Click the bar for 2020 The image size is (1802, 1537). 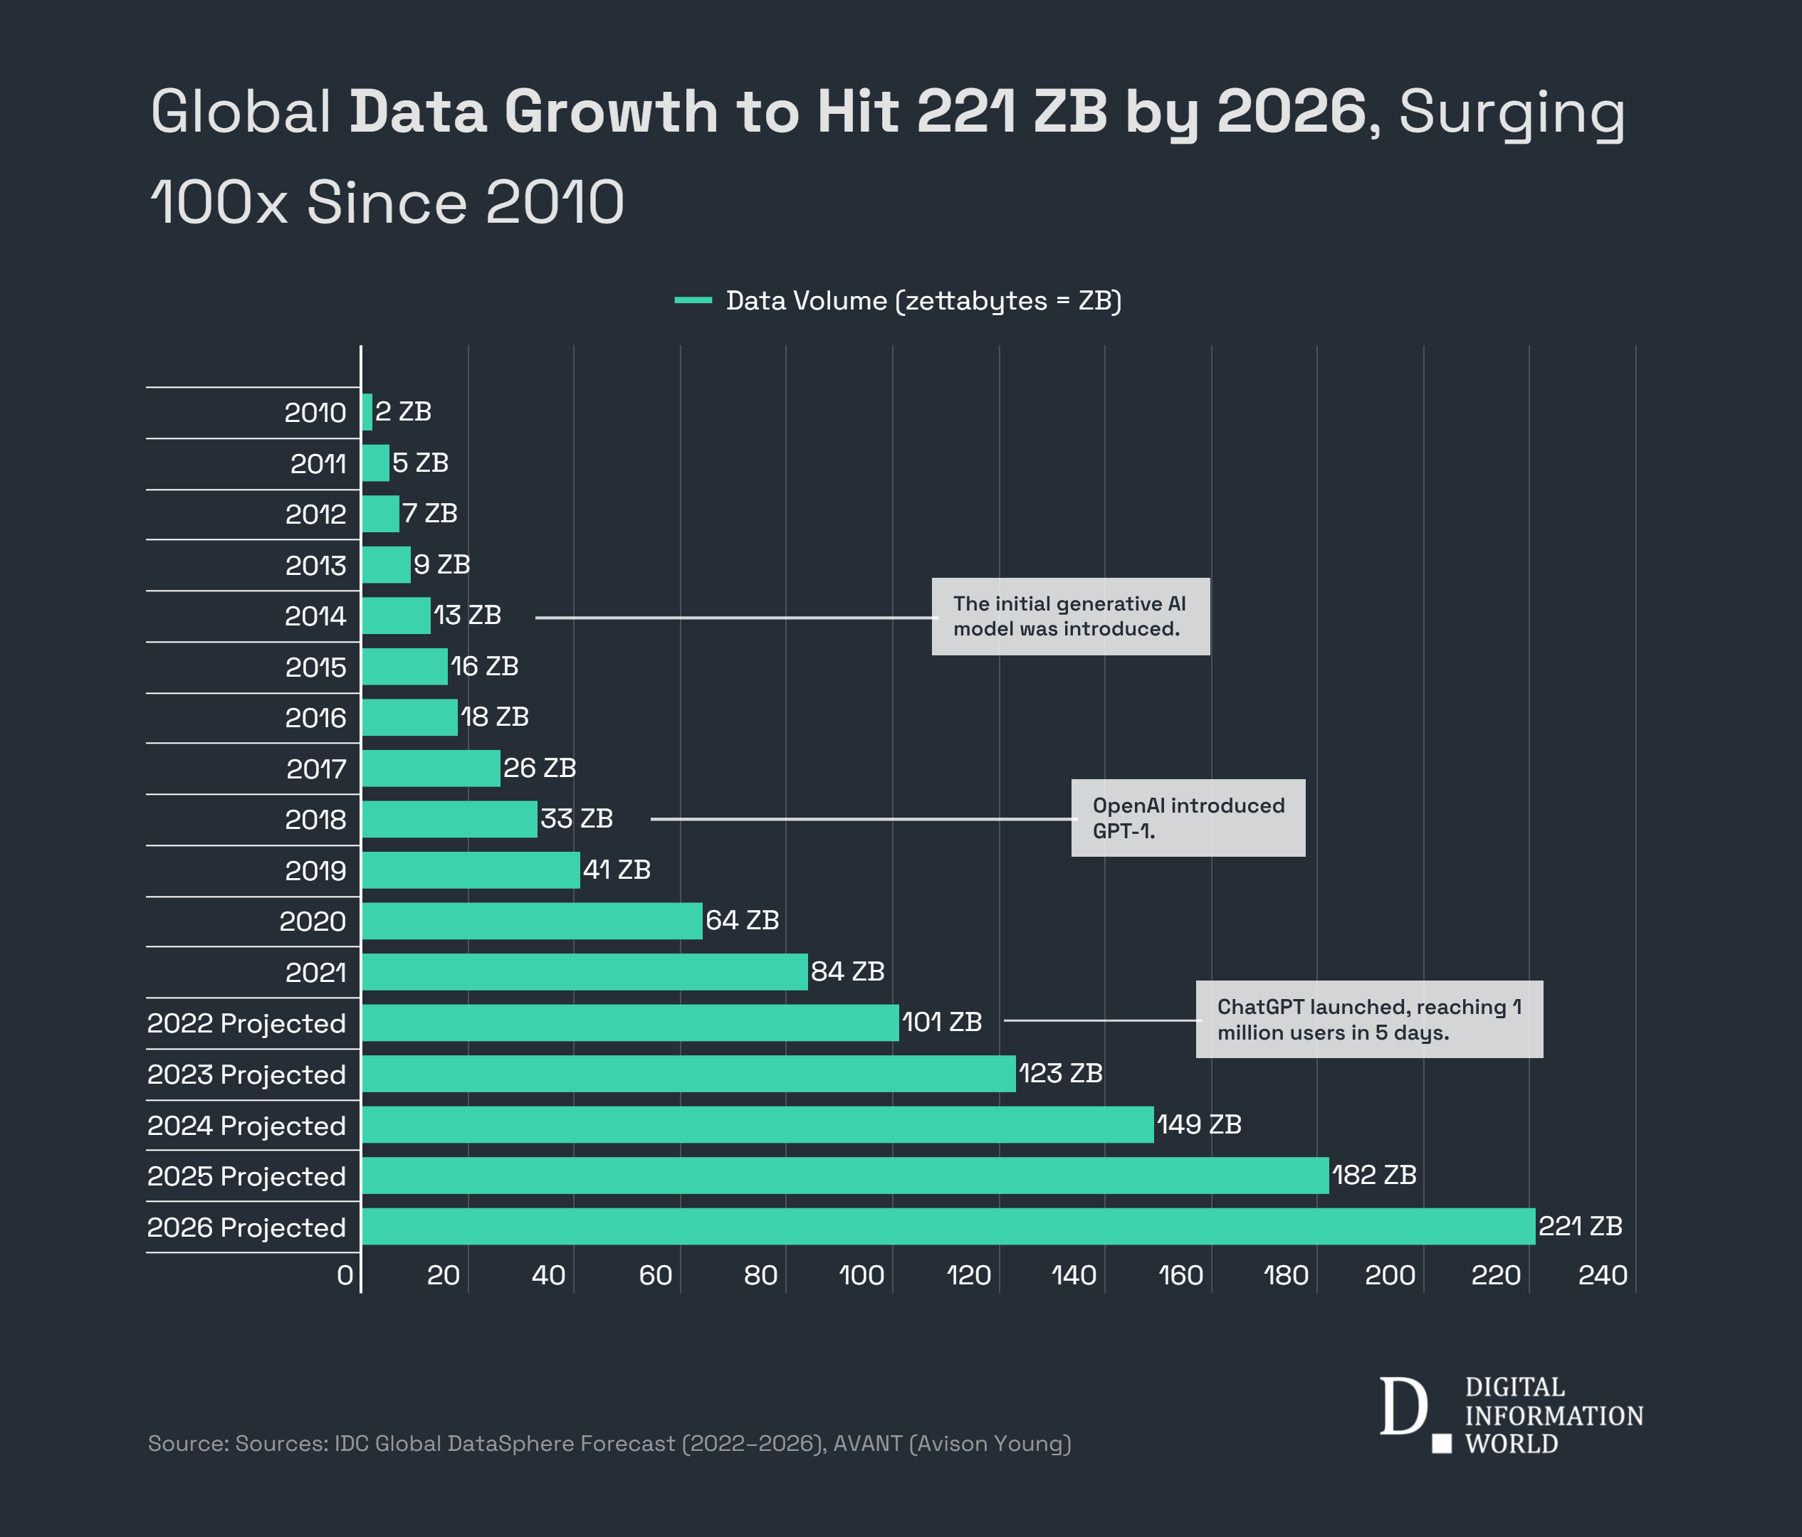coord(531,921)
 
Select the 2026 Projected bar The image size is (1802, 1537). coord(948,1226)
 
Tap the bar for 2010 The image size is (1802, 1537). coord(367,411)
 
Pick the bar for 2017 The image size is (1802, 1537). coord(431,768)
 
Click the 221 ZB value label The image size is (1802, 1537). coord(1581,1226)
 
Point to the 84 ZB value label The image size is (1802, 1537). coord(847,971)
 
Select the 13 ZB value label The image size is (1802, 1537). coord(467,616)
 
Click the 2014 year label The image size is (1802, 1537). coord(315,616)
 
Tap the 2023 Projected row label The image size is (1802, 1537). coord(246,1074)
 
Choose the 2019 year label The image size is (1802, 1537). coord(315,871)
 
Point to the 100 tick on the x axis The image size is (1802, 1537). coord(862,1275)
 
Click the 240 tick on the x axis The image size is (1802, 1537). coord(1602,1275)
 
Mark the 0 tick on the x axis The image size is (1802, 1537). coord(345,1275)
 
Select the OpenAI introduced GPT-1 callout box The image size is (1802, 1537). coord(1188,818)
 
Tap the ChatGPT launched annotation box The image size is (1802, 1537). coord(1369,1020)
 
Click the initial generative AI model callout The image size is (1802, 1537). coord(1071,616)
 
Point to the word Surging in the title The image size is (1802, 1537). coord(1512,112)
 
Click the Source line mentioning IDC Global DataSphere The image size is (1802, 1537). coord(609,1443)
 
